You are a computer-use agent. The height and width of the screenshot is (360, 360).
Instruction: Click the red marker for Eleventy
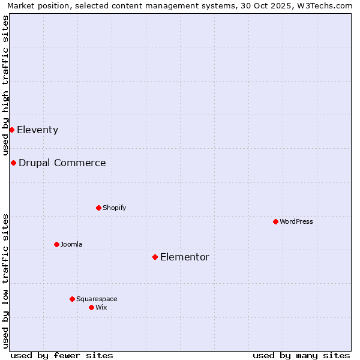tap(11, 130)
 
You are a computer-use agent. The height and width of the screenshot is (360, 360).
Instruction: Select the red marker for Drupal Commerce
tap(13, 163)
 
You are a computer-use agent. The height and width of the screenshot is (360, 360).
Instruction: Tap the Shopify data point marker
tap(98, 208)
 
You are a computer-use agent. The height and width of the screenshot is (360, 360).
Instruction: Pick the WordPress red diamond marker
tap(275, 221)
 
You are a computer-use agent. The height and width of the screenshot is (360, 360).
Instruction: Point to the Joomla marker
tap(56, 244)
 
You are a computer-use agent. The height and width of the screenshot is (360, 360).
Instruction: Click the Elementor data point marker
tap(155, 257)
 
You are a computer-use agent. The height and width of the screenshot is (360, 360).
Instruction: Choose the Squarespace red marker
tap(72, 299)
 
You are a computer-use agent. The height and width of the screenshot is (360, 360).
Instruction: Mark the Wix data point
tap(91, 307)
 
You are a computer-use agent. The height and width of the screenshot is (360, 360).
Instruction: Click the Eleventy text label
tap(37, 130)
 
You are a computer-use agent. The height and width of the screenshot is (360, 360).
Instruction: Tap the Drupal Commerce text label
tap(62, 163)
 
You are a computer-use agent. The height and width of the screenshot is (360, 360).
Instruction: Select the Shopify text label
tap(114, 208)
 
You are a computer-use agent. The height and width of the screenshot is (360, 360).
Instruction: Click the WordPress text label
tap(296, 221)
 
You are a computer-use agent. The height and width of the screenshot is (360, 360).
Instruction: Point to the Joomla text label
tap(71, 244)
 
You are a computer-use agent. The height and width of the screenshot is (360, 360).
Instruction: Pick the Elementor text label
tap(184, 257)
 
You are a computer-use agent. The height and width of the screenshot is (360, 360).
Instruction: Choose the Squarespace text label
tap(97, 299)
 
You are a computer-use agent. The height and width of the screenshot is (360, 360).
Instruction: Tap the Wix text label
tap(101, 307)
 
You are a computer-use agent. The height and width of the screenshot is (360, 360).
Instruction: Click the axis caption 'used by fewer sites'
tap(62, 355)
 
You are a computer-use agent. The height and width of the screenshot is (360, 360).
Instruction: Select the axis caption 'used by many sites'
tap(301, 355)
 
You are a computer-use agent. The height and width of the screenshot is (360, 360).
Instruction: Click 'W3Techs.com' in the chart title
tap(326, 5)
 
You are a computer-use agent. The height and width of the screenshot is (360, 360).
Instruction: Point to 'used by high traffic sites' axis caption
tap(5, 86)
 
